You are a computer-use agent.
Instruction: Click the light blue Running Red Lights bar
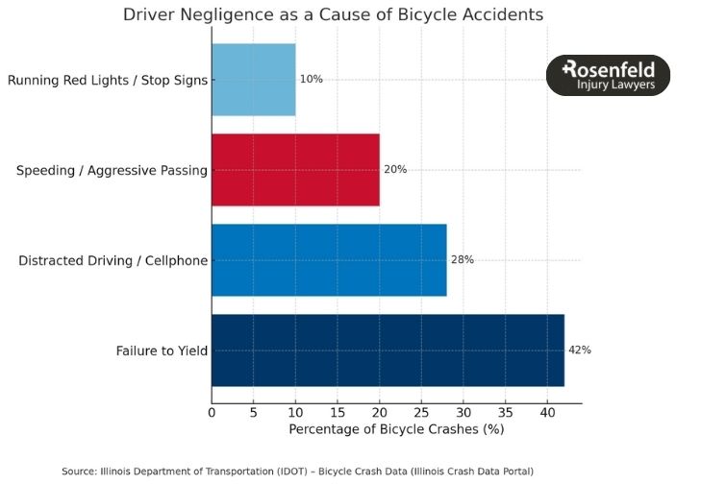click(254, 80)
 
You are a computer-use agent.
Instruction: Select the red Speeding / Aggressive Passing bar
click(295, 170)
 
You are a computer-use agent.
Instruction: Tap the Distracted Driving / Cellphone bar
click(329, 259)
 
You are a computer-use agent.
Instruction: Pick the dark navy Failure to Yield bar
click(388, 350)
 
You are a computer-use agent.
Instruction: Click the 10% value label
click(311, 80)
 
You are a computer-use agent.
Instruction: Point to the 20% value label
click(395, 170)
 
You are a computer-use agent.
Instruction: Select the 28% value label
click(463, 259)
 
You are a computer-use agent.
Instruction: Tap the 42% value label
click(580, 350)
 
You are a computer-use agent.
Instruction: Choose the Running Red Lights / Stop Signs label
click(108, 80)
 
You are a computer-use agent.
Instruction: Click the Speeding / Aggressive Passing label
click(113, 170)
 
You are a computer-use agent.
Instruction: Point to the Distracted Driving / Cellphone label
click(113, 259)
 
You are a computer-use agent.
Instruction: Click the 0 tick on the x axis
click(212, 413)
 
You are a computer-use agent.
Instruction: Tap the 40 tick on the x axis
click(547, 413)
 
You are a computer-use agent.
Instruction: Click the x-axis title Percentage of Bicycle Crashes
click(396, 429)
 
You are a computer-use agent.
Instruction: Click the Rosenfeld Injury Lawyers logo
click(608, 76)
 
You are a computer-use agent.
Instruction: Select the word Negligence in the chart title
click(223, 15)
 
